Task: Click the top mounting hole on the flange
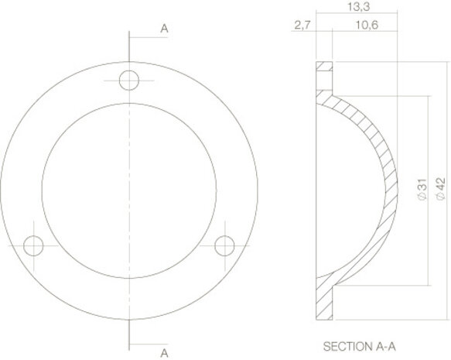[x=130, y=81]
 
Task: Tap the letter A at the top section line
[x=164, y=29]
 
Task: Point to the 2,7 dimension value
[x=302, y=26]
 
